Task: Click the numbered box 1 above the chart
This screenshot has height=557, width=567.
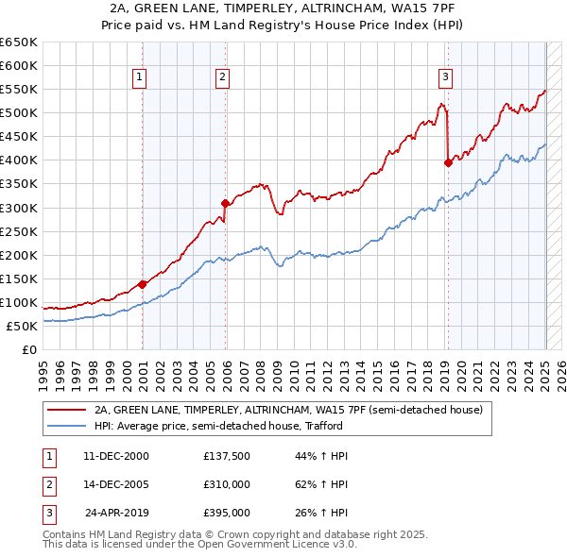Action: (x=139, y=77)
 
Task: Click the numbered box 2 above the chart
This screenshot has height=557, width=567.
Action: (x=222, y=77)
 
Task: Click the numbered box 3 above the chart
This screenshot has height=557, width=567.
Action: (x=445, y=77)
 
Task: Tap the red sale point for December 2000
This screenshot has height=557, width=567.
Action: (x=142, y=283)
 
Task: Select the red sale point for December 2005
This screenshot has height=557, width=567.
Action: (x=225, y=202)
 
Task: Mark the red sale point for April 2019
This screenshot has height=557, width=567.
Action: (x=448, y=162)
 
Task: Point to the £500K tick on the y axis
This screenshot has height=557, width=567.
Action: (x=20, y=112)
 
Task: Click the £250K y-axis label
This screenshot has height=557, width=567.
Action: (x=20, y=231)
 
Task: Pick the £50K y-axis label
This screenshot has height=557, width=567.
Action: (x=24, y=326)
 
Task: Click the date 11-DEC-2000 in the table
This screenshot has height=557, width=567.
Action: (x=116, y=456)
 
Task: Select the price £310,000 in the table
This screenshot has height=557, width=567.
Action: (x=227, y=484)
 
